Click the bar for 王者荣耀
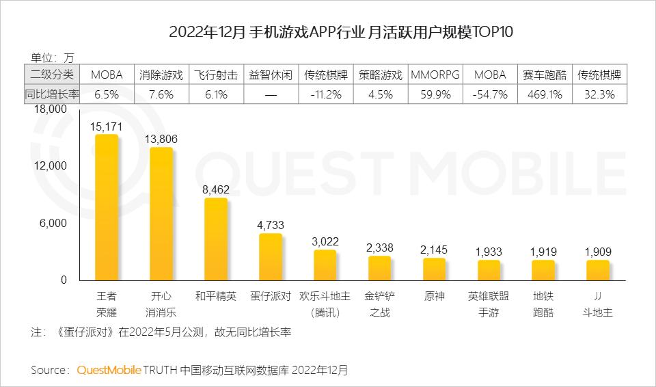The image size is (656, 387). (107, 207)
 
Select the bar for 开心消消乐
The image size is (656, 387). (161, 213)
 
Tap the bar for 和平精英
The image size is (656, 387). (216, 239)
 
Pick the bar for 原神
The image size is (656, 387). (435, 269)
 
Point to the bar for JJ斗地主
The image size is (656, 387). (598, 270)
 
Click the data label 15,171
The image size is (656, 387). (107, 126)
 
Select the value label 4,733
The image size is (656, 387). (271, 225)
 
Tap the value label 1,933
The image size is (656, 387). (489, 252)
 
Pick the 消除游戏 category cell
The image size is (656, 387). (161, 75)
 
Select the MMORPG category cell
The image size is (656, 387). (435, 75)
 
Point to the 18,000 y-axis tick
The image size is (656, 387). (49, 109)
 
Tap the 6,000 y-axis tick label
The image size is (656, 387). (53, 223)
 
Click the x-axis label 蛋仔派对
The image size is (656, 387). (271, 297)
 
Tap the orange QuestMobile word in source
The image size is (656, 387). (109, 370)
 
